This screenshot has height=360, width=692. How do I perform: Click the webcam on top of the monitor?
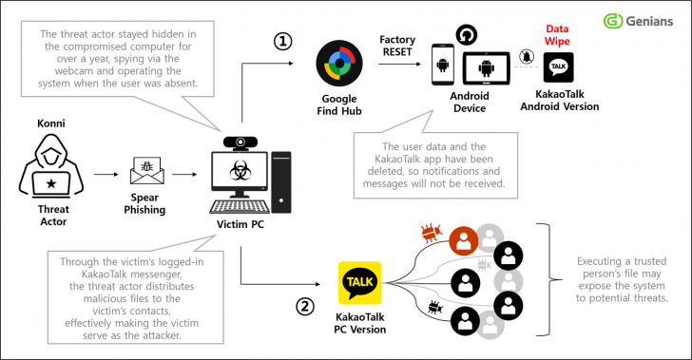(x=243, y=142)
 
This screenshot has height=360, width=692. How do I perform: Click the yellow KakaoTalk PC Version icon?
(x=360, y=283)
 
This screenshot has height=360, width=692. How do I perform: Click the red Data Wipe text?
(x=558, y=35)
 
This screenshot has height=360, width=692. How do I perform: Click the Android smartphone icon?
(x=444, y=66)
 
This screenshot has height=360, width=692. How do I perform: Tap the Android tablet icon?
(x=487, y=68)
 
